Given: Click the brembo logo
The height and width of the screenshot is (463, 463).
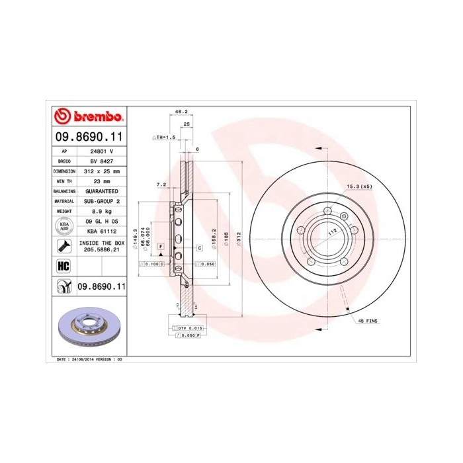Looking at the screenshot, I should [88, 117].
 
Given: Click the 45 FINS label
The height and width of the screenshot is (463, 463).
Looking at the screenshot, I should [368, 321].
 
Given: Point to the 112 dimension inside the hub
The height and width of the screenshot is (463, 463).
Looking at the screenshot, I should [333, 231].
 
